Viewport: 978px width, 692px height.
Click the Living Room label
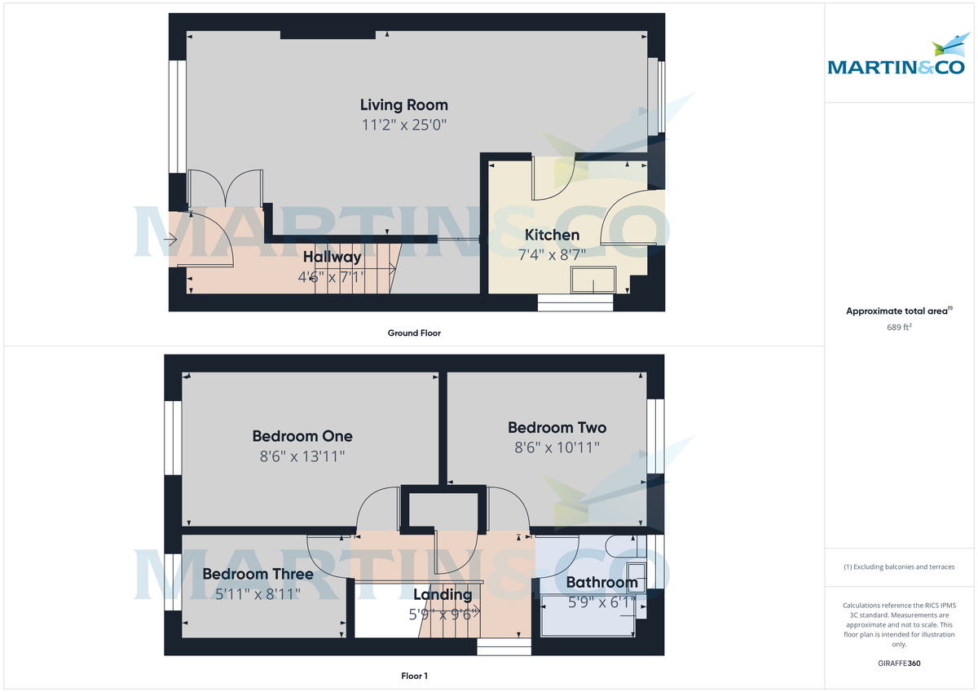[404, 105]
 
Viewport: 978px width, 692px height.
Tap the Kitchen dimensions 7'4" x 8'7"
[552, 254]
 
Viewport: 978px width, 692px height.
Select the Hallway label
[333, 258]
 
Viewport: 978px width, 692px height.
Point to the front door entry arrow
[171, 240]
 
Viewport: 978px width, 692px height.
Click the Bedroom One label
[302, 436]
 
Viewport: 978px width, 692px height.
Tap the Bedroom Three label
[258, 575]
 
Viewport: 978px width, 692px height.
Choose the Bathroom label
[601, 583]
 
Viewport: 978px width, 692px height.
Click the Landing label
[443, 595]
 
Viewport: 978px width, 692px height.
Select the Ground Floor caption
[414, 333]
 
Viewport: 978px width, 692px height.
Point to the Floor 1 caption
[414, 676]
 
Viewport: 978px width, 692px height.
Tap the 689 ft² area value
[900, 327]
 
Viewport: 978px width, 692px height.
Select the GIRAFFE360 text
[900, 663]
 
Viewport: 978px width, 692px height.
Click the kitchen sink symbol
[593, 280]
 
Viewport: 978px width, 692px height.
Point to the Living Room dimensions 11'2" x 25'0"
[404, 126]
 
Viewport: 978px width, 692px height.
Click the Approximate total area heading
[898, 311]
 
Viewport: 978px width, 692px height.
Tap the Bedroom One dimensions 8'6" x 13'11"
[302, 457]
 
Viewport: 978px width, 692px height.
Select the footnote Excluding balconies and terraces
[900, 567]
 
